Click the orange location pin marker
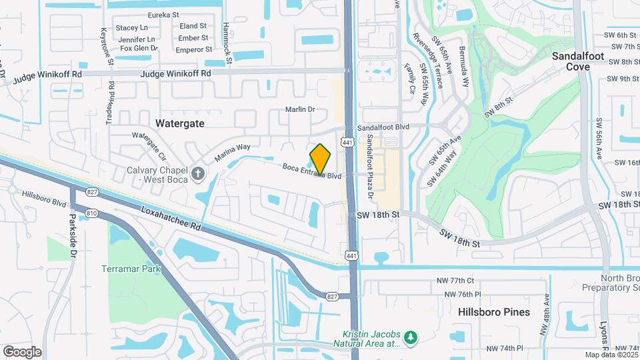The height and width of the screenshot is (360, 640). pos(321,159)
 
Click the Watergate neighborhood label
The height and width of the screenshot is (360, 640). pos(179,123)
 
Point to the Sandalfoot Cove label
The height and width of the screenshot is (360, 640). pos(578,61)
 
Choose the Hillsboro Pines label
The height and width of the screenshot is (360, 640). pos(494,312)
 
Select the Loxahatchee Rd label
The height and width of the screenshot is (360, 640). pos(171,219)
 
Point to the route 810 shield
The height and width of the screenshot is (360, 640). pos(92,213)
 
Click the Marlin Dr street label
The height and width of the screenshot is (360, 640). pos(300,109)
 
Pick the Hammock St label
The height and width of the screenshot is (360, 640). pos(227,50)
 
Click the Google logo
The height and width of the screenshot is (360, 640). pos(22,351)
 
